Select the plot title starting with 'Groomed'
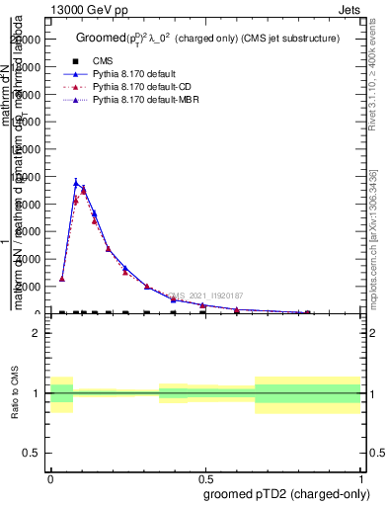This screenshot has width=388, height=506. tap(207, 39)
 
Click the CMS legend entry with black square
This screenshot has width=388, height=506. tap(102, 61)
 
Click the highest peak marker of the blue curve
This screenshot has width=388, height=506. tap(76, 183)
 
